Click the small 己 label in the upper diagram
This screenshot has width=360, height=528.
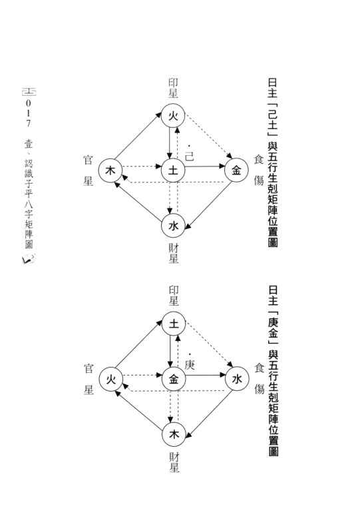pyautogui.click(x=190, y=156)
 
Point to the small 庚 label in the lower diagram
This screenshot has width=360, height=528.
pyautogui.click(x=190, y=365)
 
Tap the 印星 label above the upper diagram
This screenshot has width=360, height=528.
pyautogui.click(x=173, y=89)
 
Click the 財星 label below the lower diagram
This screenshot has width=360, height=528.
pyautogui.click(x=174, y=462)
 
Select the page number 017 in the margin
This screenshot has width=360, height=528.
pyautogui.click(x=28, y=113)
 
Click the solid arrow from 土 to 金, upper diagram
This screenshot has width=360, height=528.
pyautogui.click(x=205, y=166)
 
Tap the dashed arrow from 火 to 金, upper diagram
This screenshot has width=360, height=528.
pyautogui.click(x=209, y=136)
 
